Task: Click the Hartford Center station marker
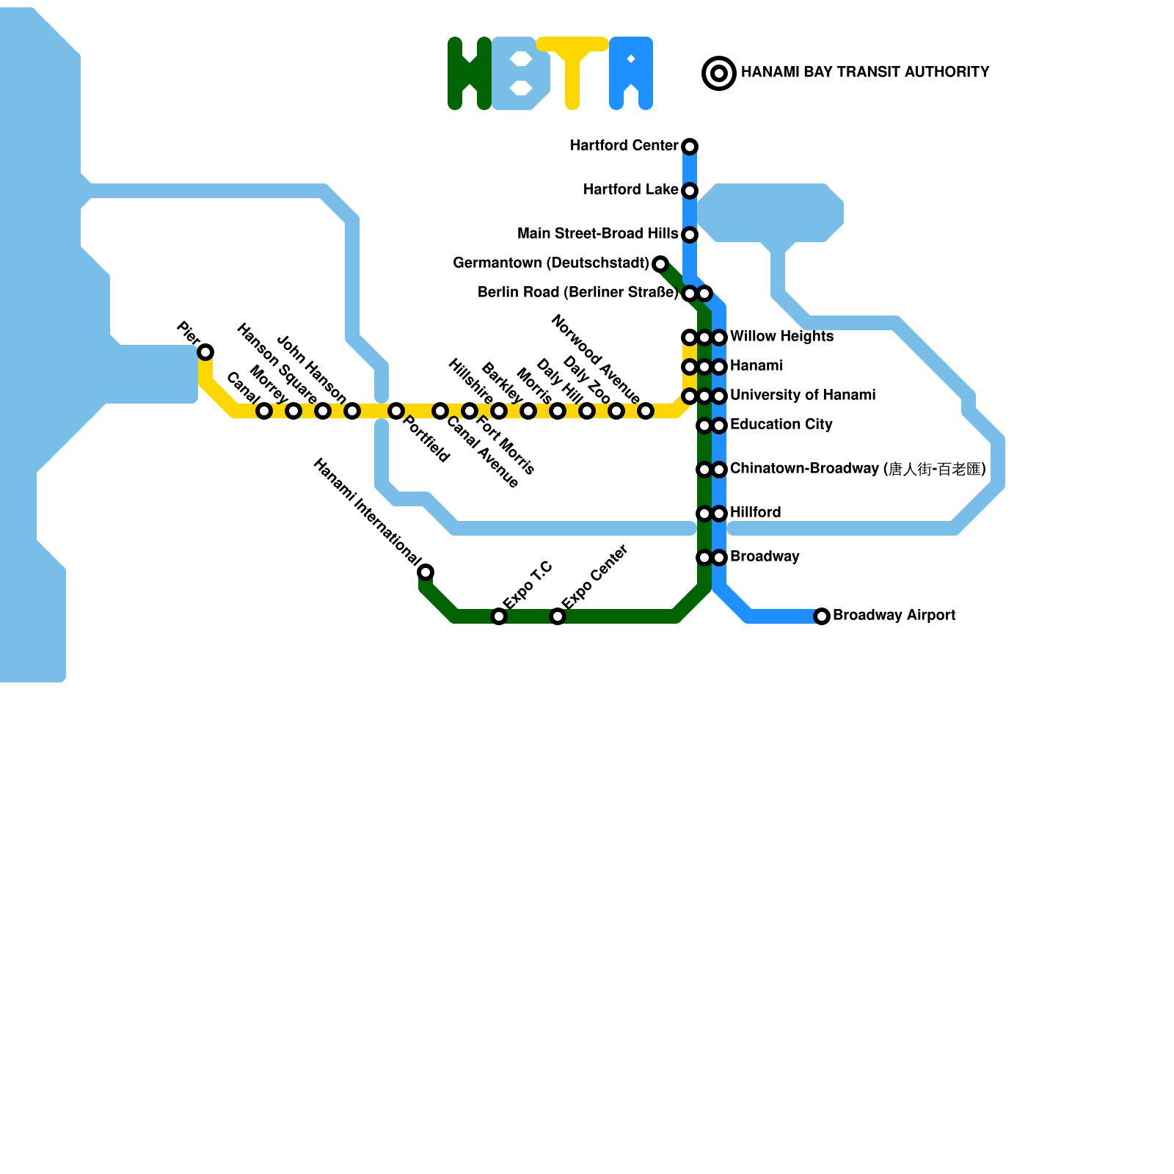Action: tap(690, 147)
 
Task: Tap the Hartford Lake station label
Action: tap(630, 190)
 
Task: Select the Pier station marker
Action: tap(206, 352)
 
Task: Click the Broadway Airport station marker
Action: tap(822, 616)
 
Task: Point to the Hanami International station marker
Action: tap(426, 572)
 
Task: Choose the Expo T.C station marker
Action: tap(499, 616)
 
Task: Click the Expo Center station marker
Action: tap(558, 616)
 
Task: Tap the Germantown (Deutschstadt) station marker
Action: tap(660, 264)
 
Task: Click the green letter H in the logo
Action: tap(470, 73)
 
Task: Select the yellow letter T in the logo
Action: tap(572, 72)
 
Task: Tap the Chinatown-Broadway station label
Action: tap(857, 469)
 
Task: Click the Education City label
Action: tap(781, 425)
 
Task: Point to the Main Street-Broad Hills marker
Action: tap(690, 235)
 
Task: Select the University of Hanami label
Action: tap(802, 395)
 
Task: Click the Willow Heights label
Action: tap(781, 337)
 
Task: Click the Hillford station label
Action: tap(755, 513)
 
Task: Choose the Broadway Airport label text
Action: tap(894, 616)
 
